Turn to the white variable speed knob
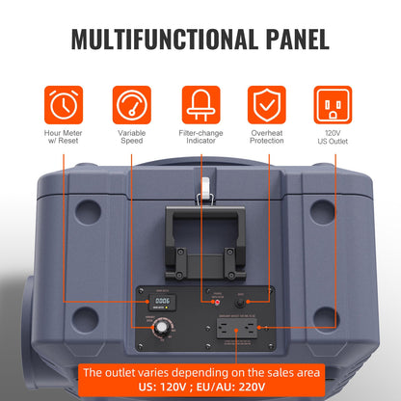pyautogui.click(x=153, y=334)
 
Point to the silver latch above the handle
pyautogui.click(x=203, y=194)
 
